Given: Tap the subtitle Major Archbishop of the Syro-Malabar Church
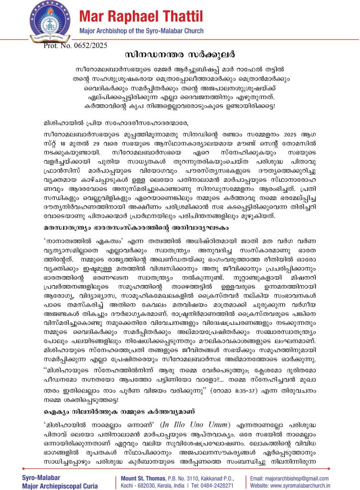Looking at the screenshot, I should pyautogui.click(x=141, y=31).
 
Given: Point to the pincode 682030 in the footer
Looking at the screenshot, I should pyautogui.click(x=143, y=485).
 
